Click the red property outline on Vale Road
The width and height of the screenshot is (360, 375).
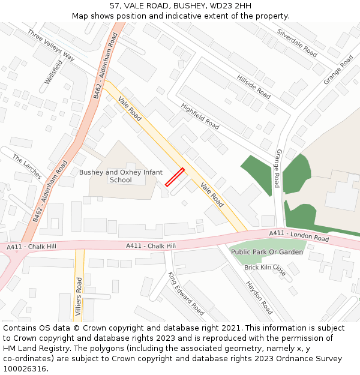(175, 178)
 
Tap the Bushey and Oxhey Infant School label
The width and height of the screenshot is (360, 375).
(121, 176)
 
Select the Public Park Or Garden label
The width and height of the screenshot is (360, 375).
(268, 252)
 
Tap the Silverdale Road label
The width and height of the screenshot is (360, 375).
(297, 43)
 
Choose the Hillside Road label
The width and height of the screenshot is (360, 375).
(253, 86)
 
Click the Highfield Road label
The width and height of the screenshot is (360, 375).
(200, 115)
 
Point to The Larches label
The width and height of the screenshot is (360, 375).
(27, 166)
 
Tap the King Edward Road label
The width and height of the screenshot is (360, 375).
(186, 293)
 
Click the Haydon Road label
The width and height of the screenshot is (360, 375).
(259, 298)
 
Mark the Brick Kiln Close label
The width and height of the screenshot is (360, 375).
(265, 268)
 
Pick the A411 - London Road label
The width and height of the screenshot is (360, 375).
(299, 235)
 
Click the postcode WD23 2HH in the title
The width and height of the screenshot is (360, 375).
(230, 6)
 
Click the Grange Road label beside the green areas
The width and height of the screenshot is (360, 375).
(277, 169)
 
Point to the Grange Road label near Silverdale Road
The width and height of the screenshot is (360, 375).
(338, 70)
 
